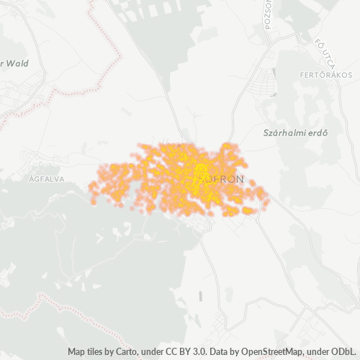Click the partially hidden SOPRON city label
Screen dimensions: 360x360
point(223,177)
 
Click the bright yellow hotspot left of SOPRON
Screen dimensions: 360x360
point(198,170)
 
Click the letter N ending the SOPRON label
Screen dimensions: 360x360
point(241,177)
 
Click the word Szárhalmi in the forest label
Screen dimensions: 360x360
point(280,132)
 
